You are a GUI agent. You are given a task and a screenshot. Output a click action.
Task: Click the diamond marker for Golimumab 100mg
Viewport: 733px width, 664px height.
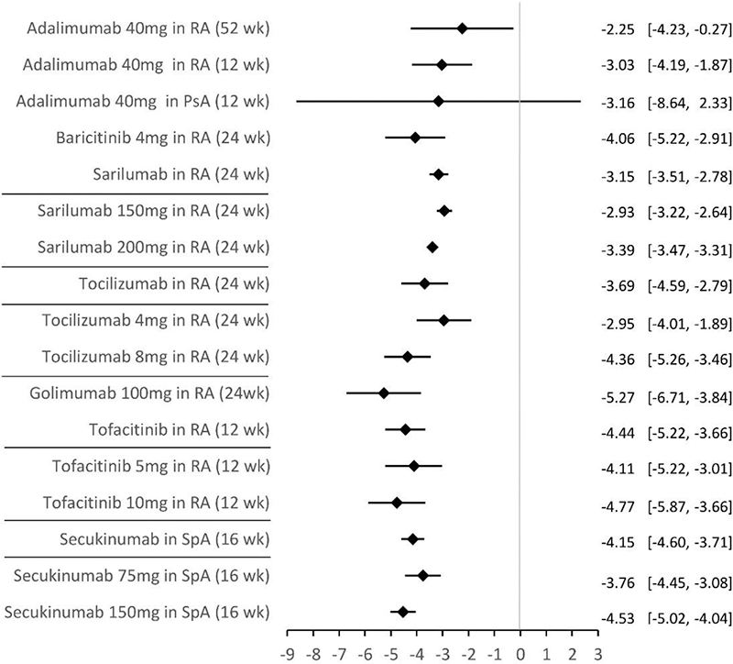click(x=384, y=393)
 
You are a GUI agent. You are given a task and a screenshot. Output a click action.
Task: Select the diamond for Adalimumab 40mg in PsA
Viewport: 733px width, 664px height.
click(x=439, y=101)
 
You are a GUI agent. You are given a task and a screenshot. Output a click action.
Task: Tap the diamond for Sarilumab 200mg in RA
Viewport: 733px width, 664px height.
click(x=432, y=247)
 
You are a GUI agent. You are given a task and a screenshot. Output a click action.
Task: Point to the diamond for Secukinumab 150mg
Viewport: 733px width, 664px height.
click(x=403, y=612)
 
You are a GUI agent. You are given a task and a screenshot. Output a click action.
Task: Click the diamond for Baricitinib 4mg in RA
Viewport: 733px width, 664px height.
click(x=415, y=138)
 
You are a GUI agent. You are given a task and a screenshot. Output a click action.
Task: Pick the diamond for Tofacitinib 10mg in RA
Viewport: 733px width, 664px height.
click(x=397, y=503)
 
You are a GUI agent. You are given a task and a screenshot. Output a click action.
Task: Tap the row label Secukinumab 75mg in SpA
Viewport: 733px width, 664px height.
click(x=141, y=575)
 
